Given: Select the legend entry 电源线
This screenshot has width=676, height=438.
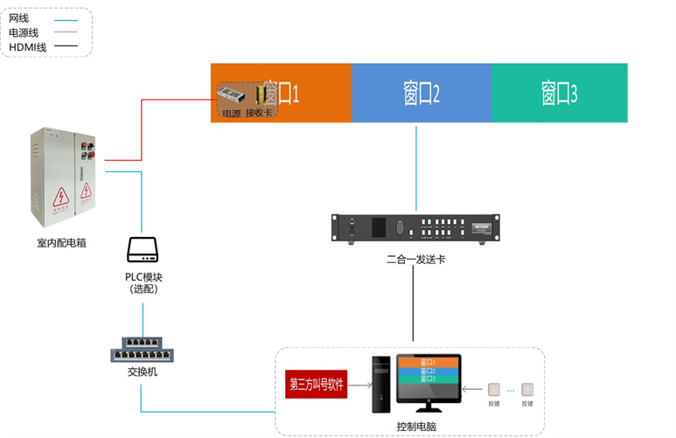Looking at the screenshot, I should click(24, 32).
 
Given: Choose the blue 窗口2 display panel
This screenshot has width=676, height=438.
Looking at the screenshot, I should click(421, 93).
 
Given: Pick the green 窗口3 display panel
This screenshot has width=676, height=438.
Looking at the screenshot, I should click(559, 93).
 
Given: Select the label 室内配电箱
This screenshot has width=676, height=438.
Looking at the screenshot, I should click(67, 242).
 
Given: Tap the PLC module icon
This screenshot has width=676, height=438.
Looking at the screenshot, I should click(142, 250).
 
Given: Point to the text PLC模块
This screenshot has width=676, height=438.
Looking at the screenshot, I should click(143, 277).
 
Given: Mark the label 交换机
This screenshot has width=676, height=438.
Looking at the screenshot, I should click(143, 372).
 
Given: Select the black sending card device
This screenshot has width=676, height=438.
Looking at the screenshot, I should click(416, 227).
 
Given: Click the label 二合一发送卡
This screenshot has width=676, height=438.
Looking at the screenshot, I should click(416, 260).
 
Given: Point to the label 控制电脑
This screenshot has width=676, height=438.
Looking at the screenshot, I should click(416, 426).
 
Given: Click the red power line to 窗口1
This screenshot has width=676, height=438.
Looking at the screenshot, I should click(142, 131).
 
